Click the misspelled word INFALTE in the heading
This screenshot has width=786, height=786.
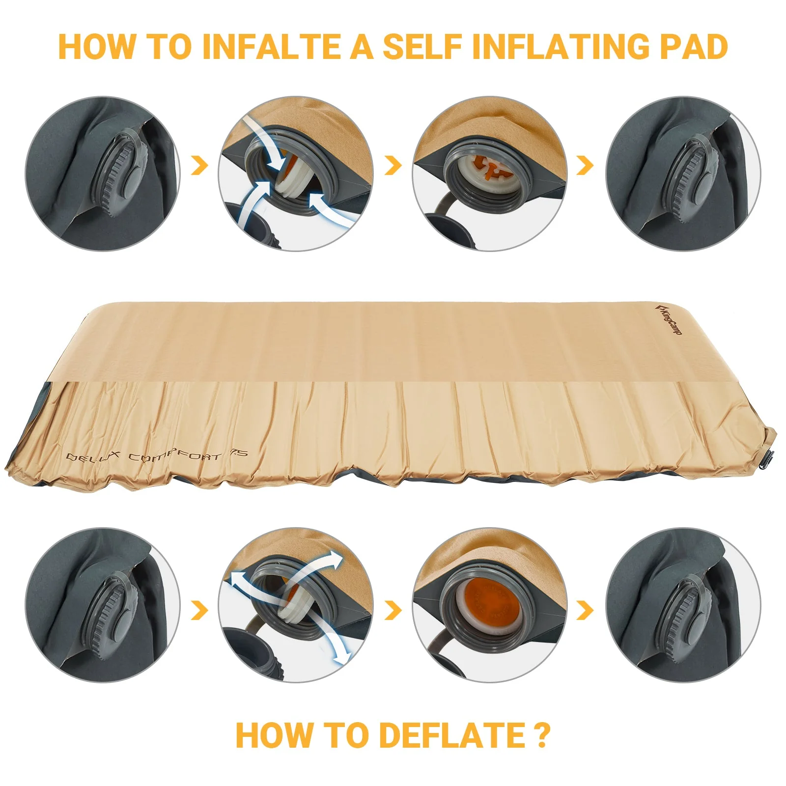(272, 47)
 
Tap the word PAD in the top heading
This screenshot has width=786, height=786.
(693, 47)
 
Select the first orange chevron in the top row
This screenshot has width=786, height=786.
(199, 166)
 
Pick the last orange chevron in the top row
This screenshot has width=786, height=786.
(585, 166)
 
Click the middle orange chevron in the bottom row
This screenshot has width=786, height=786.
(393, 611)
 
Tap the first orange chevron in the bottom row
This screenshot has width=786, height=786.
(199, 611)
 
